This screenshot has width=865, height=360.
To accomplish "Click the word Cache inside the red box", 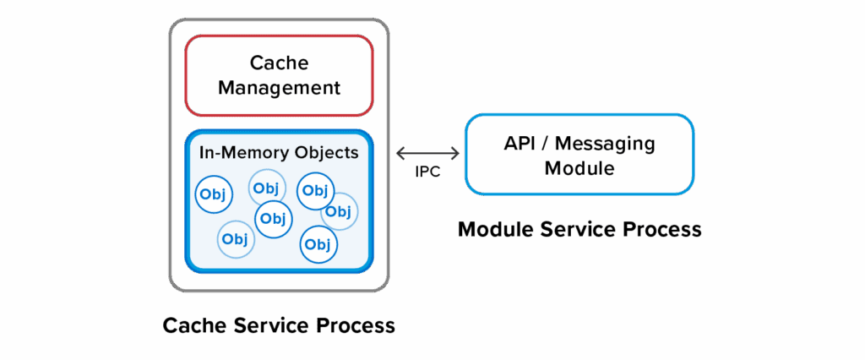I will [279, 63].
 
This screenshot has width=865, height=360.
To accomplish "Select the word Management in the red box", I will [279, 87].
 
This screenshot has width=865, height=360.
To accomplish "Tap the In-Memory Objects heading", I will [279, 153].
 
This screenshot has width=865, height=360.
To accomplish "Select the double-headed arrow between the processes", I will [427, 154].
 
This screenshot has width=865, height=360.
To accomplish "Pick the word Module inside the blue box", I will [579, 168].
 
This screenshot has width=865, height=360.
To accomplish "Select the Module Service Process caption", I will [579, 229].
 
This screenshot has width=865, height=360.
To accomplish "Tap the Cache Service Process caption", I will [279, 325].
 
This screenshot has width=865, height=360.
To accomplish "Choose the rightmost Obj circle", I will [339, 211].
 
